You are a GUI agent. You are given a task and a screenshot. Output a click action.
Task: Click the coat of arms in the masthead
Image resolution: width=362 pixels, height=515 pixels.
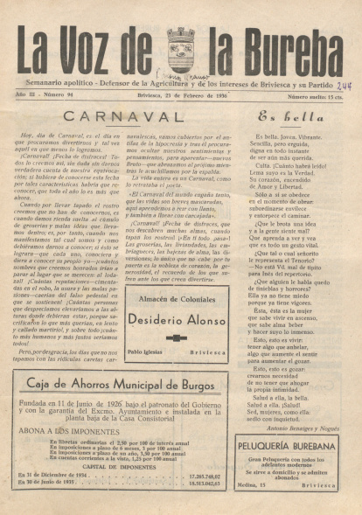click(180, 48)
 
